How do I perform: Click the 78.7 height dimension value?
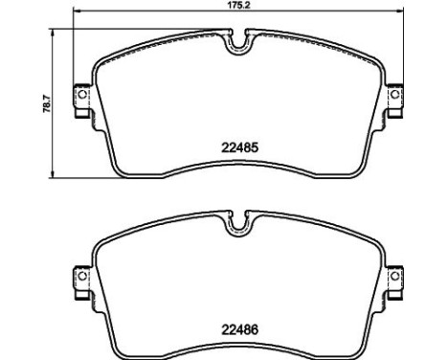(x=47, y=103)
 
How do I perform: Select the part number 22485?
(x=239, y=147)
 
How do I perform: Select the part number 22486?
(x=239, y=329)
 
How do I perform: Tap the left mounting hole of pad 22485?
(x=82, y=94)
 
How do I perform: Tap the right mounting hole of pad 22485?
(x=394, y=94)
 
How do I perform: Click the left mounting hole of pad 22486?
(x=82, y=276)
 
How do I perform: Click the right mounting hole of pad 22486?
(x=394, y=276)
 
